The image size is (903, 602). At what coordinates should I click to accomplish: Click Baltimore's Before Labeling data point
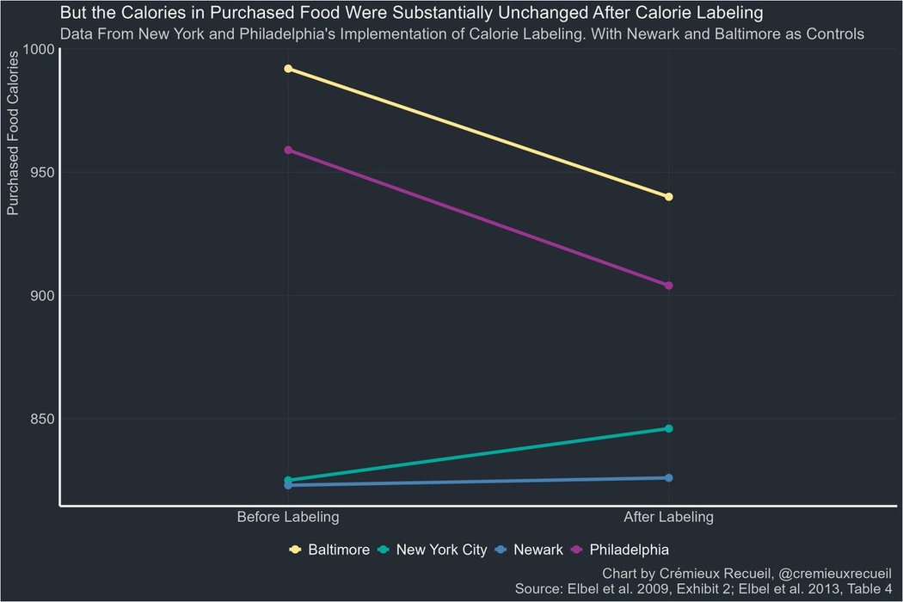coord(288,69)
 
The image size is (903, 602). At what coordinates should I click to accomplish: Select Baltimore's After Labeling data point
coord(669,197)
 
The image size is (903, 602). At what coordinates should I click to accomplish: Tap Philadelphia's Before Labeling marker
coord(288,150)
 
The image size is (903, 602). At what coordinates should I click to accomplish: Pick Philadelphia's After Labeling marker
coord(669,286)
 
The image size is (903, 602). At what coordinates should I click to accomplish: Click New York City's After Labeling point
coord(669,428)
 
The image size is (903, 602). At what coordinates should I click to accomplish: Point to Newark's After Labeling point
coord(669,477)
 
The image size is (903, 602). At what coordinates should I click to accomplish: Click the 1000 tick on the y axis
coord(39,49)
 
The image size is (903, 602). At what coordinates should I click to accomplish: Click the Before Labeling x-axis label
coord(288,518)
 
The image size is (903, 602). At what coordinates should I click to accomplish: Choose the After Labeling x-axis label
coord(669,518)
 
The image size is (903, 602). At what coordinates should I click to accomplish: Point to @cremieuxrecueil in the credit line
coord(838,573)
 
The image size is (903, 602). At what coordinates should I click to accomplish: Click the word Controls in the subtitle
coord(834,34)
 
